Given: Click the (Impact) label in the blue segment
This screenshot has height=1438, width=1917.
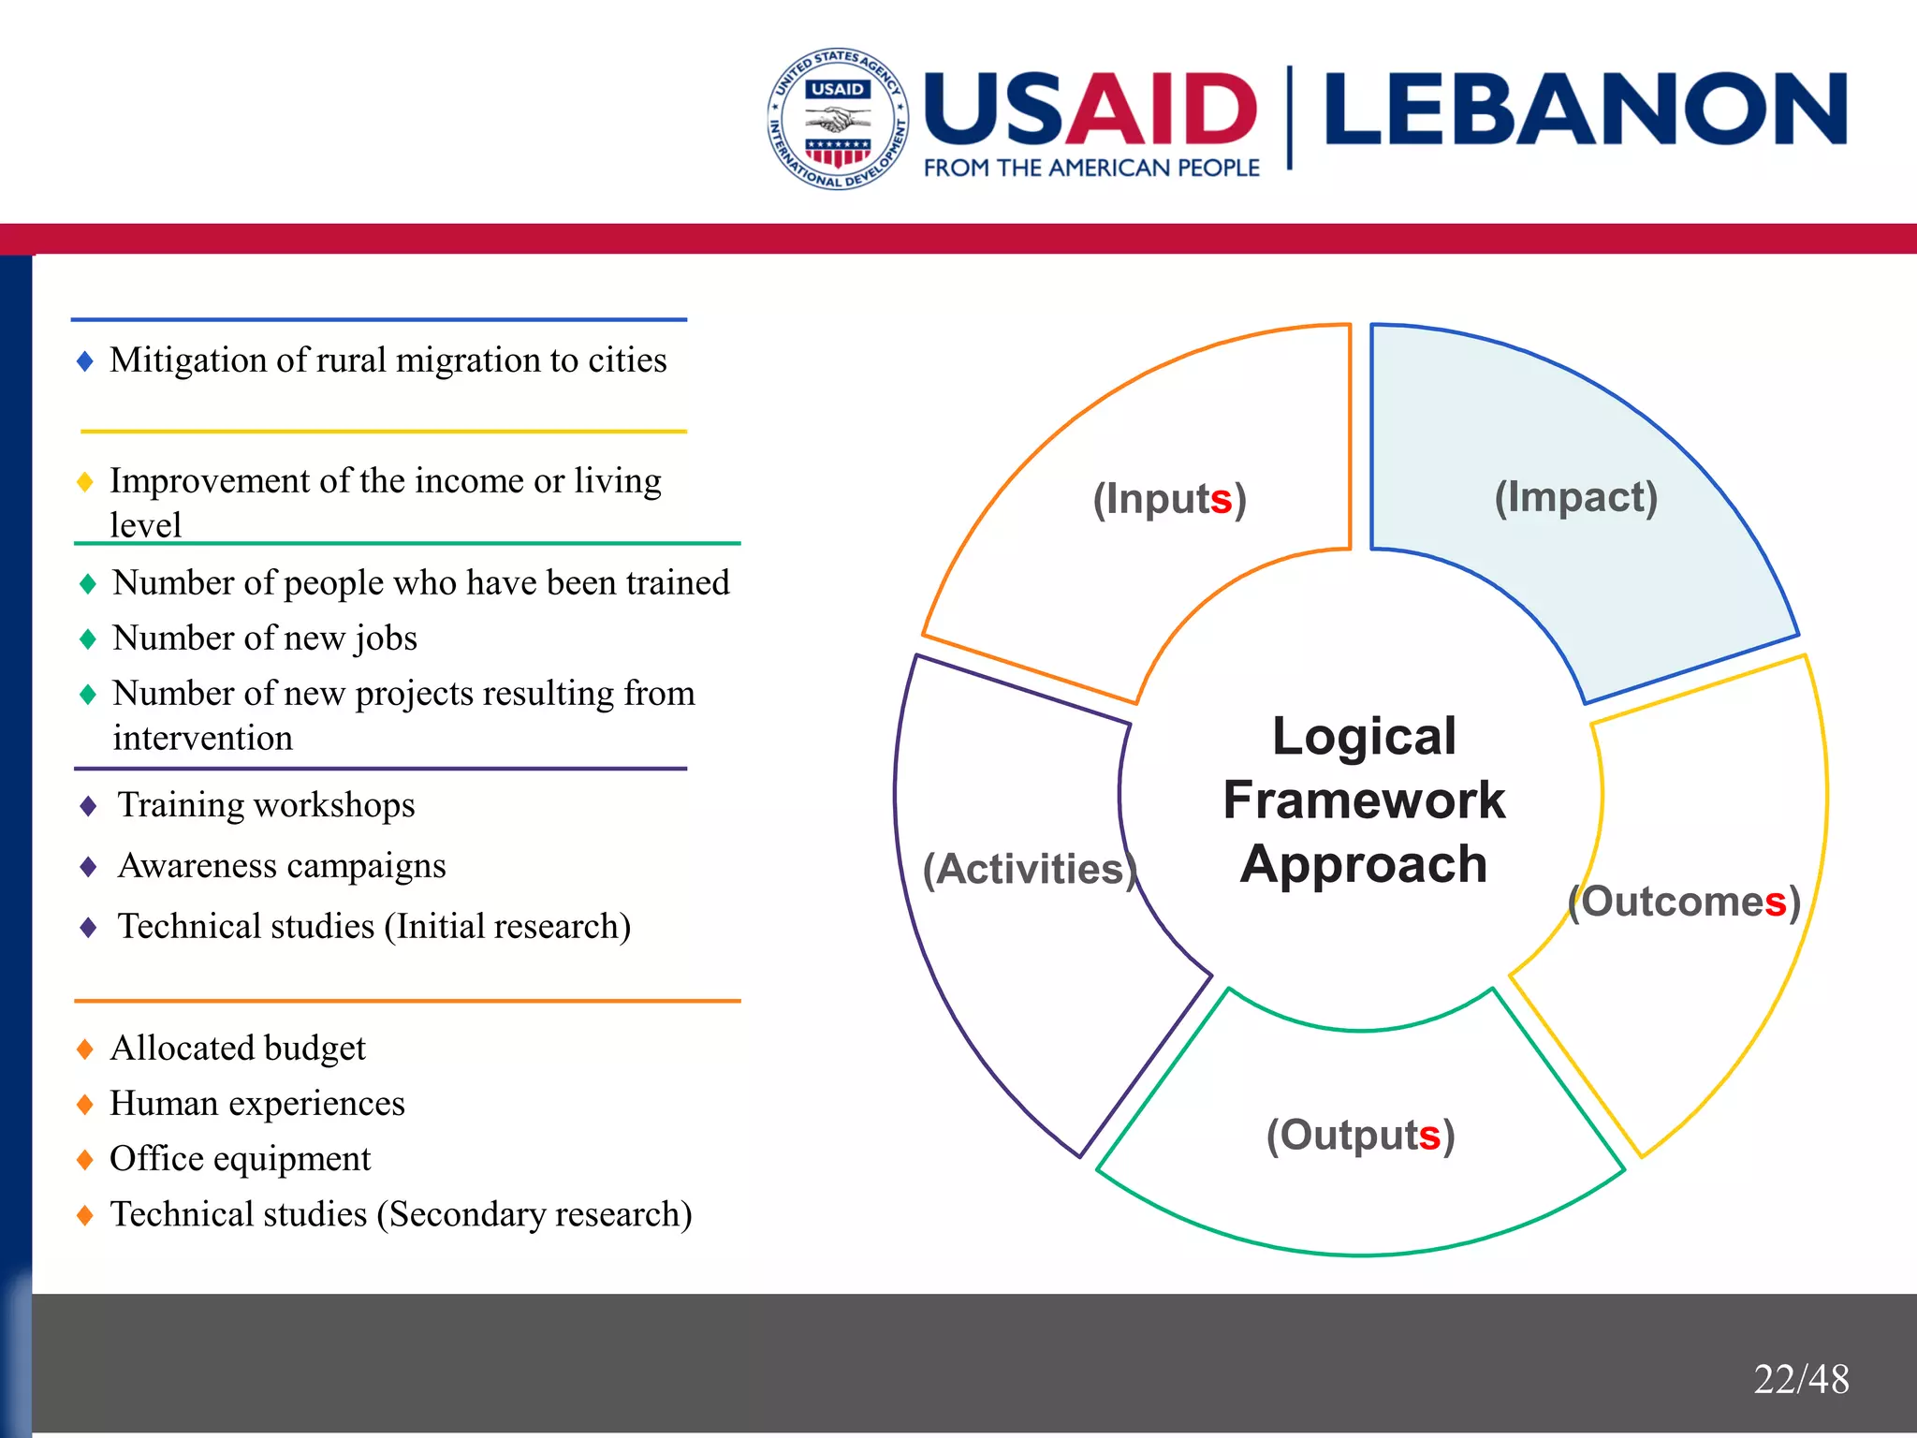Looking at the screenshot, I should (1575, 497).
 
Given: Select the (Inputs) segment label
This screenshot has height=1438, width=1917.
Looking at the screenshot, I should (1169, 499).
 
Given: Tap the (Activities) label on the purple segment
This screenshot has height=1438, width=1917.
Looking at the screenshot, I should (1029, 869).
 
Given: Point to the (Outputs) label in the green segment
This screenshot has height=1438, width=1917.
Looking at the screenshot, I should (1360, 1135).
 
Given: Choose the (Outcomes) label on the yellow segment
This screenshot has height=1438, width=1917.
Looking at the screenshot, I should (1684, 902).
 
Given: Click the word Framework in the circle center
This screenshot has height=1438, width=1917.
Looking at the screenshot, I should (1364, 800).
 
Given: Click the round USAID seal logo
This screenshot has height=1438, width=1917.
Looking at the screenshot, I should (838, 119).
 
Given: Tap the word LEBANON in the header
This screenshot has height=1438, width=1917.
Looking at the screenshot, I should (1585, 110).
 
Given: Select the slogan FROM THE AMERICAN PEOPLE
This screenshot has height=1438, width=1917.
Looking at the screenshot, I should (1091, 169).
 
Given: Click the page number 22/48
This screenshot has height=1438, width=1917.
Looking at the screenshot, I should (1801, 1379).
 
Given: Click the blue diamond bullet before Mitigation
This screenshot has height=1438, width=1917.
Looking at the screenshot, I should (85, 361).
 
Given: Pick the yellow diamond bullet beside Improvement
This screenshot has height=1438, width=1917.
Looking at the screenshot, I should (85, 482).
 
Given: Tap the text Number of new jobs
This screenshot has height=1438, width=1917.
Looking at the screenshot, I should (265, 638).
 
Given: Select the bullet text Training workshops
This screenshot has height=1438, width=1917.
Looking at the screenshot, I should (266, 805).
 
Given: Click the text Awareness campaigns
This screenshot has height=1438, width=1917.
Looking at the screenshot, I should (282, 866).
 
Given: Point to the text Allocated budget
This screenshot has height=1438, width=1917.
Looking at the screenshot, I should (238, 1048).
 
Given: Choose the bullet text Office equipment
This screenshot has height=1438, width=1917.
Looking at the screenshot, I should (241, 1159).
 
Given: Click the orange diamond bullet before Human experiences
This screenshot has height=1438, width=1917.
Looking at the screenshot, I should (85, 1105).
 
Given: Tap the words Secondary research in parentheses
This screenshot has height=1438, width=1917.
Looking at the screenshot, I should (534, 1214).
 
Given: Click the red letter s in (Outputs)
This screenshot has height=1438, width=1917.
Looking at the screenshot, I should (1428, 1137).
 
